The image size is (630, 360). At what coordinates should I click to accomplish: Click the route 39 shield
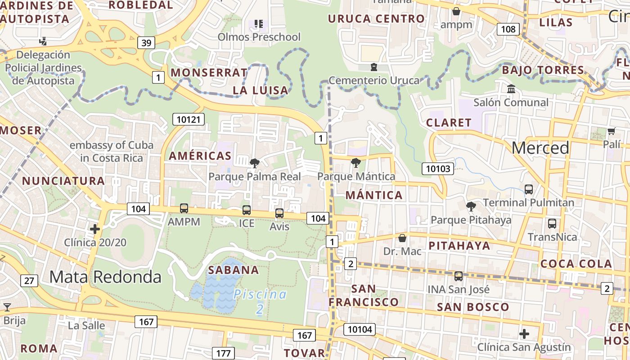coord(146,43)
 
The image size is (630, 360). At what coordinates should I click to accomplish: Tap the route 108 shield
coord(508,29)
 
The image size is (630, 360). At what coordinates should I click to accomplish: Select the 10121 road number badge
coord(189,119)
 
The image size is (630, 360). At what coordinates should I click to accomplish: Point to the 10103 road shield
coord(438,169)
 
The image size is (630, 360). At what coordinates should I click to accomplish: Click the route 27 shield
coord(29,281)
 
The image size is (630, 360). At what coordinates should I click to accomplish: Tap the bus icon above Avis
coord(279,213)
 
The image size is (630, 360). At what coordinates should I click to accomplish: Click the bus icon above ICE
coord(247,210)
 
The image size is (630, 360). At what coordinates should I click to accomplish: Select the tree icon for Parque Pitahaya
coord(471,207)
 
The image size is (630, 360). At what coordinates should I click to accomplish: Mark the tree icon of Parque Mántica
coord(356,163)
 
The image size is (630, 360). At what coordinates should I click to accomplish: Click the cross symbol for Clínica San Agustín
coord(524,334)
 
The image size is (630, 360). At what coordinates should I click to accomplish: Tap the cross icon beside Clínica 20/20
coord(95,229)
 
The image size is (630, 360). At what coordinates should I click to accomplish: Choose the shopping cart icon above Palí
coord(611,131)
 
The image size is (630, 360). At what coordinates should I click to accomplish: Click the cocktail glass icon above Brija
coord(7,307)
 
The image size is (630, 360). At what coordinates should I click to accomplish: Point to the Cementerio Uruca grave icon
coord(373,67)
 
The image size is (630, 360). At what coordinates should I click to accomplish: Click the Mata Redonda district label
coord(105,277)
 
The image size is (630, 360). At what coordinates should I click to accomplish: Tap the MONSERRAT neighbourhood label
coord(209,72)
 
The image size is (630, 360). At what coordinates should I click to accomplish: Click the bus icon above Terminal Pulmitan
coord(529,189)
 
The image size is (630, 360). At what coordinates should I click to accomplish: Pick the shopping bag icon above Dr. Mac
coord(402,238)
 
